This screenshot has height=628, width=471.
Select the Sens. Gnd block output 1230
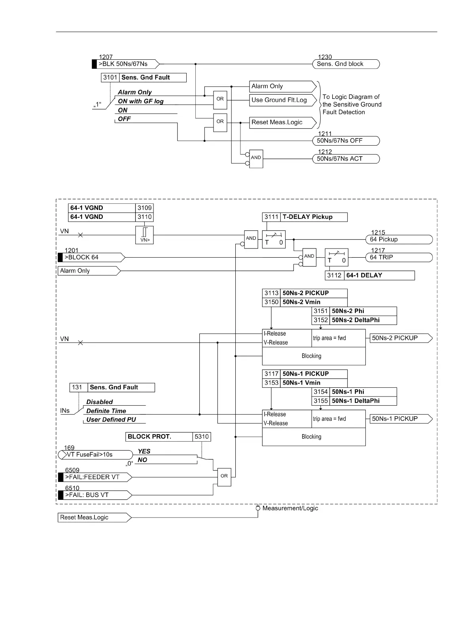pyautogui.click(x=345, y=64)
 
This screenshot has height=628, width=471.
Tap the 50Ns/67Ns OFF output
pyautogui.click(x=345, y=141)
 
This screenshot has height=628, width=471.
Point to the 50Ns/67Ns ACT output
pyautogui.click(x=345, y=159)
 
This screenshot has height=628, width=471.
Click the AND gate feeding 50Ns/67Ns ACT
pyautogui.click(x=256, y=159)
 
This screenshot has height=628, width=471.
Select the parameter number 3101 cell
pyautogui.click(x=110, y=78)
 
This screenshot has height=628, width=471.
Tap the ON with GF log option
pyautogui.click(x=140, y=101)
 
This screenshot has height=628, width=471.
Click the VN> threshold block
pyautogui.click(x=144, y=235)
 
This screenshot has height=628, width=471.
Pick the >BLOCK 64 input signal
pyautogui.click(x=91, y=258)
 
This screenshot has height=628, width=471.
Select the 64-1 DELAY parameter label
pyautogui.click(x=364, y=275)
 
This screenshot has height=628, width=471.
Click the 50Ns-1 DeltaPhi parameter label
pyautogui.click(x=356, y=401)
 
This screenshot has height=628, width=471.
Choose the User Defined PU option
pyautogui.click(x=111, y=420)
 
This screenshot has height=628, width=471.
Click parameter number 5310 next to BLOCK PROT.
pyautogui.click(x=202, y=437)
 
